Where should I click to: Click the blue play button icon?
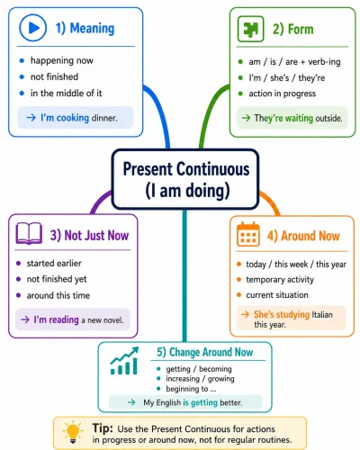click(33, 28)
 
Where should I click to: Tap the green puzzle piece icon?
click(250, 29)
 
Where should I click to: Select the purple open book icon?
click(29, 233)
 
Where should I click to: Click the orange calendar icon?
click(248, 234)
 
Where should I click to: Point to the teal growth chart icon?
click(124, 361)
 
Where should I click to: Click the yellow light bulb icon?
click(73, 432)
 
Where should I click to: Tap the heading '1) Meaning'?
click(85, 29)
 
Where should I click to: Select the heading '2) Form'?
click(292, 29)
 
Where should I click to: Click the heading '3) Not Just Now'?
click(89, 236)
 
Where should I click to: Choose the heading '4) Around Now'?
click(303, 236)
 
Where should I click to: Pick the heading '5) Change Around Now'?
click(205, 352)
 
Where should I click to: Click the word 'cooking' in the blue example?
click(73, 118)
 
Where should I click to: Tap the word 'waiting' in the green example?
click(299, 118)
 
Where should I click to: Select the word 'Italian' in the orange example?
click(322, 315)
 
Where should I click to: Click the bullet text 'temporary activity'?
click(280, 280)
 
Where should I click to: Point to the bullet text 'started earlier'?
click(54, 264)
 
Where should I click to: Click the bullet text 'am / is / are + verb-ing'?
click(294, 62)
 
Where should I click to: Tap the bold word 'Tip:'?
click(103, 427)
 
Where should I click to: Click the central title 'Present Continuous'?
click(186, 169)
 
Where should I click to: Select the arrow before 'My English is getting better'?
click(131, 402)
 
